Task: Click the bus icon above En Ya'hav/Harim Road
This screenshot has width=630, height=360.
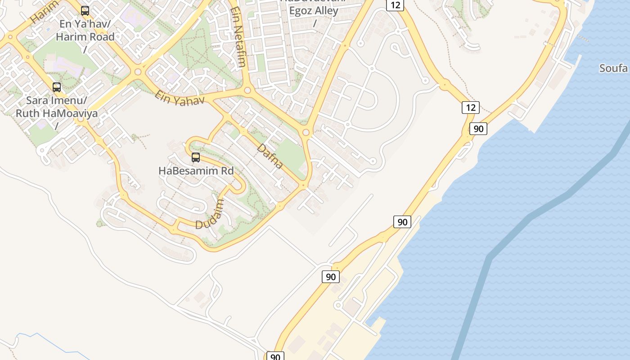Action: coord(85,11)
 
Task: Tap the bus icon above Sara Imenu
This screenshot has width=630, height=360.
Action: coord(57,87)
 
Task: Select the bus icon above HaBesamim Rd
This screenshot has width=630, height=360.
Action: coord(196,157)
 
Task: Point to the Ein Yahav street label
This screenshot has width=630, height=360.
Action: coord(179,98)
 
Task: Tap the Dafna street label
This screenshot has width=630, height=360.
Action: coord(270,156)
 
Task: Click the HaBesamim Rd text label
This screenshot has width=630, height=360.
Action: coord(196,171)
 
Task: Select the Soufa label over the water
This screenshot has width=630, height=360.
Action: coord(613,68)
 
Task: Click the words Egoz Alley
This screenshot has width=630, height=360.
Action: coord(314,11)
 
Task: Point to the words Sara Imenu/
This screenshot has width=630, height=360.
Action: coord(57,100)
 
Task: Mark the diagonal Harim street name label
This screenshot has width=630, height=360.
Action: coord(45,12)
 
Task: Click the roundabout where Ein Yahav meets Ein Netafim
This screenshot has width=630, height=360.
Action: coord(247,90)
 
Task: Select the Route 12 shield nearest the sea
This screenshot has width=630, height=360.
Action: coord(470,108)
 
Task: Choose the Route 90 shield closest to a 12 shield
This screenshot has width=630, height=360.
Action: coord(478,129)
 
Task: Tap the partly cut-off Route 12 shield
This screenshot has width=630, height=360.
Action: coord(395,5)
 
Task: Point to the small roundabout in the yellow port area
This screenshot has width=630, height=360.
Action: coord(338,306)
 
